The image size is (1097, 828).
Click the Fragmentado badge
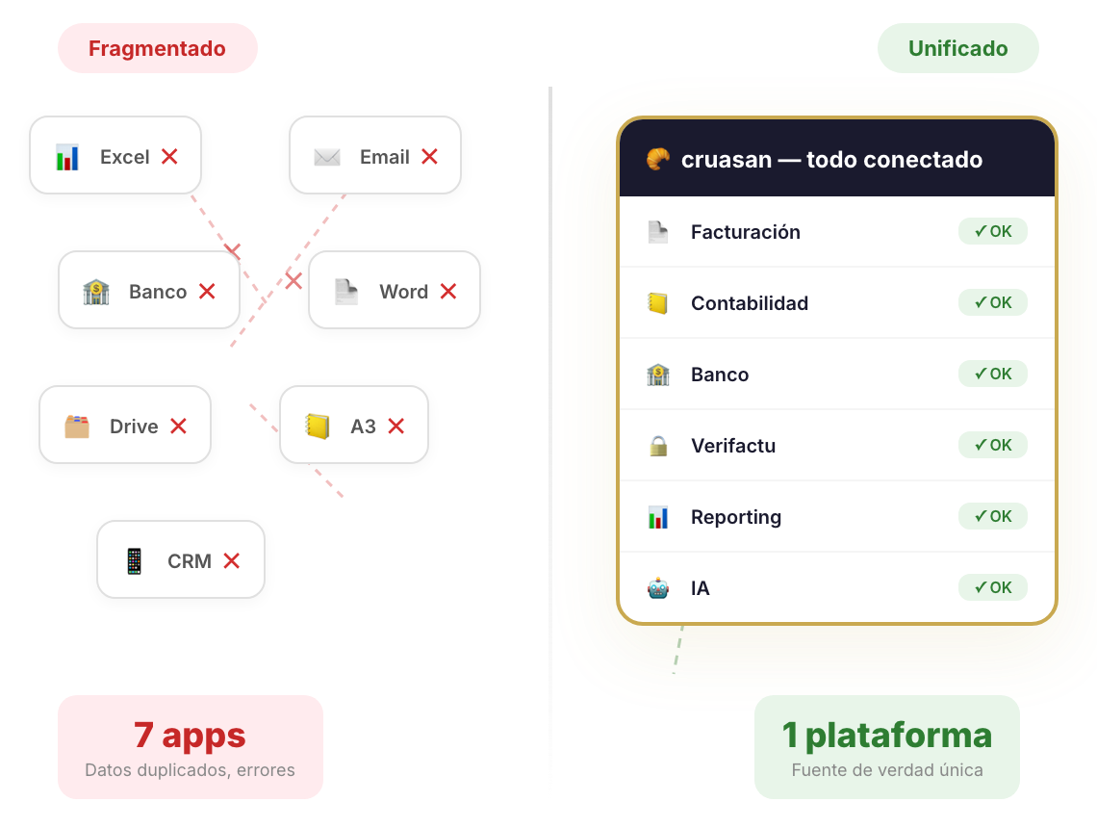pyautogui.click(x=157, y=48)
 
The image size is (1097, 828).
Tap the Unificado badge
pyautogui.click(x=957, y=48)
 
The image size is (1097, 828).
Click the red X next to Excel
pyautogui.click(x=169, y=156)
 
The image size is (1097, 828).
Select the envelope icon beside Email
pyautogui.click(x=327, y=156)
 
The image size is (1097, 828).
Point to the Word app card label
pyautogui.click(x=403, y=292)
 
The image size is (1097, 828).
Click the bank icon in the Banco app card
pyautogui.click(x=96, y=292)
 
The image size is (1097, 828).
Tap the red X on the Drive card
pyautogui.click(x=178, y=426)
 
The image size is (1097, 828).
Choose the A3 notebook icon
pyautogui.click(x=318, y=426)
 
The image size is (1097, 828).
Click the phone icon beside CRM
pyautogui.click(x=135, y=560)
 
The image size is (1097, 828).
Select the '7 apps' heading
pyautogui.click(x=190, y=735)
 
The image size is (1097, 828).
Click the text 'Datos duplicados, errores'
pyautogui.click(x=190, y=770)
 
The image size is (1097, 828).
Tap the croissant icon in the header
pyautogui.click(x=658, y=159)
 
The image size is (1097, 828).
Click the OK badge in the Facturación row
pyautogui.click(x=992, y=231)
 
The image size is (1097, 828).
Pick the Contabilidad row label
pyautogui.click(x=749, y=303)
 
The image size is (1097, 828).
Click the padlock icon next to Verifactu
pyautogui.click(x=658, y=446)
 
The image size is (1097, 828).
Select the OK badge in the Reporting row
pyautogui.click(x=992, y=516)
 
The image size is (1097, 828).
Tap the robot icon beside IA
pyautogui.click(x=658, y=588)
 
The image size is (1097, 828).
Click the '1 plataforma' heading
pyautogui.click(x=886, y=735)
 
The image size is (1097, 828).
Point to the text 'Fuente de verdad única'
pyautogui.click(x=886, y=770)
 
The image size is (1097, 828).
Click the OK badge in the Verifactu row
pyautogui.click(x=992, y=445)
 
